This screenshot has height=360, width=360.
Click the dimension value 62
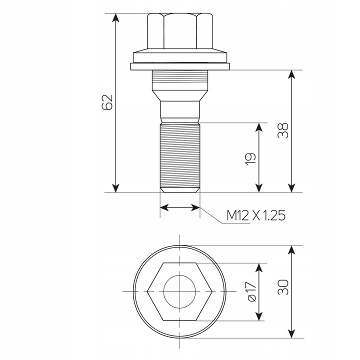tap(107, 101)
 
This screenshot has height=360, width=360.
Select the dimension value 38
tap(283, 130)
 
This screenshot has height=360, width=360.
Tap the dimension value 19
tap(250, 158)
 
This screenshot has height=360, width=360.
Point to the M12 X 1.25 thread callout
tap(256, 215)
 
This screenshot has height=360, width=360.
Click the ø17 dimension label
tap(251, 292)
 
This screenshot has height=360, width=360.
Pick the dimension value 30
tap(283, 287)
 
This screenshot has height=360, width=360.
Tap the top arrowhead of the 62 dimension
tap(116, 17)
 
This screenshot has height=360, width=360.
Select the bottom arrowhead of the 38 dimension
tap(291, 188)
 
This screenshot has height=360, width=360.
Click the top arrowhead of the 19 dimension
tap(259, 127)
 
